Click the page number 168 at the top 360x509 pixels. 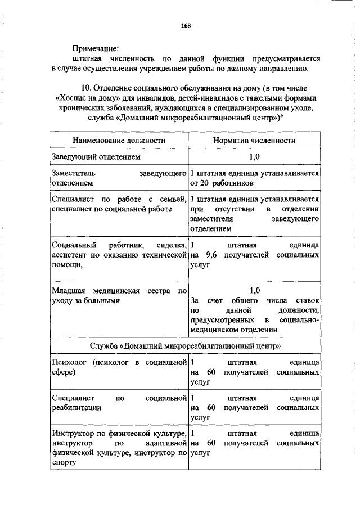tap(186, 25)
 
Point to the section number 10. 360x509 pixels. tap(87, 88)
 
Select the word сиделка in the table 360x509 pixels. tap(172, 246)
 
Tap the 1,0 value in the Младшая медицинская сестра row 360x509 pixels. tap(255, 291)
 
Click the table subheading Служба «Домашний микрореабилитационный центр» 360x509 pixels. tap(185, 344)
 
